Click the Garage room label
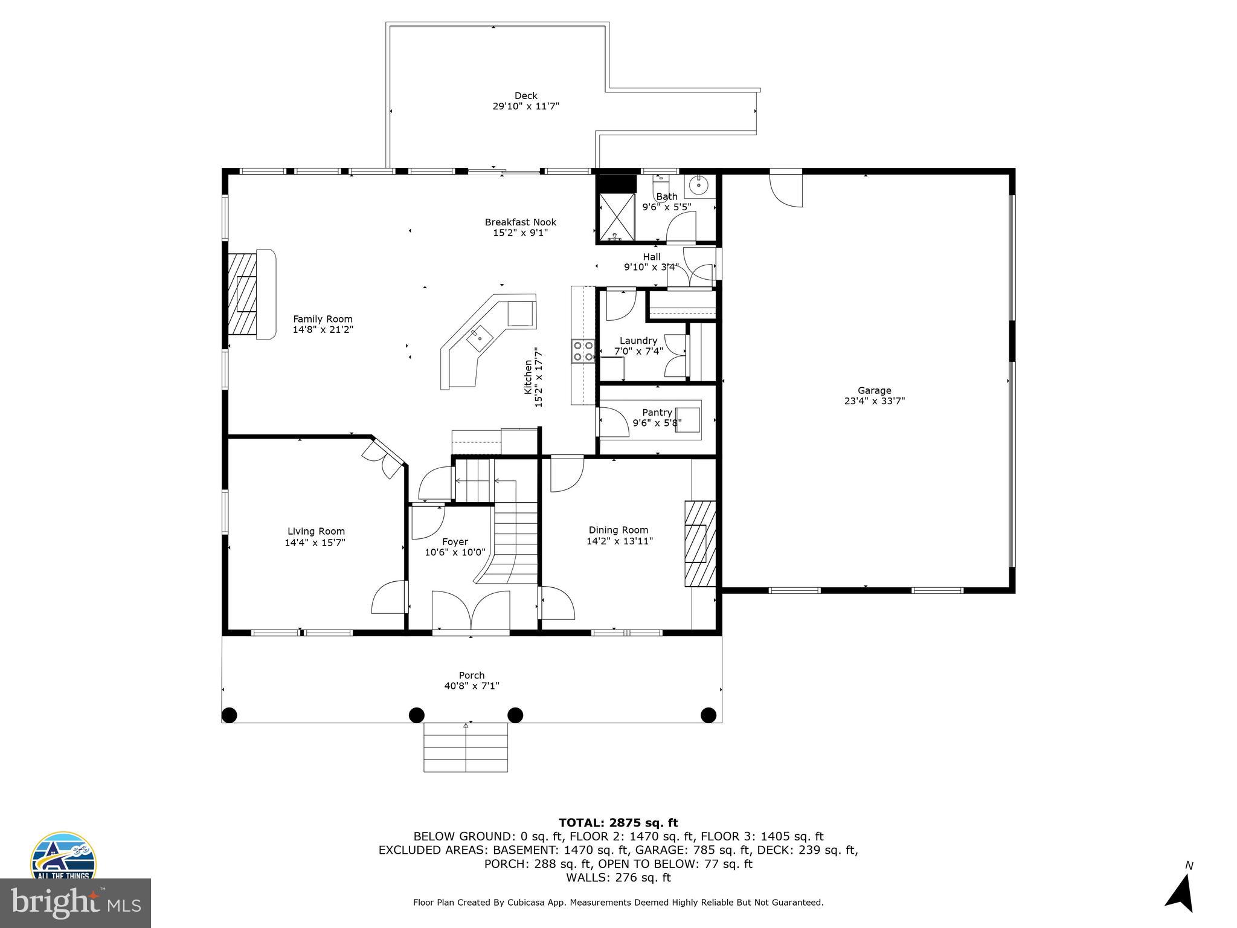click(x=874, y=390)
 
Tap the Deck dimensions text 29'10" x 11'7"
click(x=525, y=106)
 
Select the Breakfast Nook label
click(x=520, y=222)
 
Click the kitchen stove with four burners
click(x=583, y=351)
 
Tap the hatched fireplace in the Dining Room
click(x=699, y=544)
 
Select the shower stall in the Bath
click(x=617, y=216)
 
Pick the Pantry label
click(x=657, y=413)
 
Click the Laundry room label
click(x=638, y=341)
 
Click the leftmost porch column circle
click(x=229, y=715)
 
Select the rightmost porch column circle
click(x=708, y=715)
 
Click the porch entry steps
click(x=465, y=747)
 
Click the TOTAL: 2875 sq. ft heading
click(x=618, y=823)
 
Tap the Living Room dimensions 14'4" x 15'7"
click(x=315, y=543)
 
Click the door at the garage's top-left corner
click(x=785, y=189)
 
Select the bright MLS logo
click(x=75, y=903)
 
